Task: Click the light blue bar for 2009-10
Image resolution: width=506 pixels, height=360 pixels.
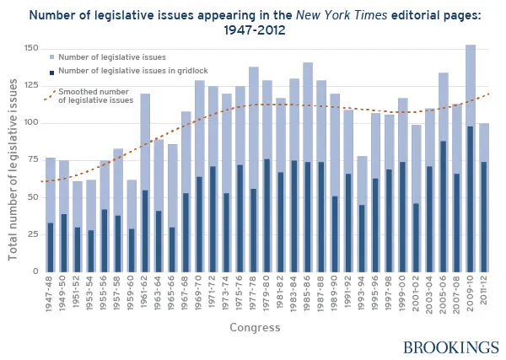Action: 470,84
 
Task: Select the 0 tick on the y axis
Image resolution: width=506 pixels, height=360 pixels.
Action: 35,271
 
